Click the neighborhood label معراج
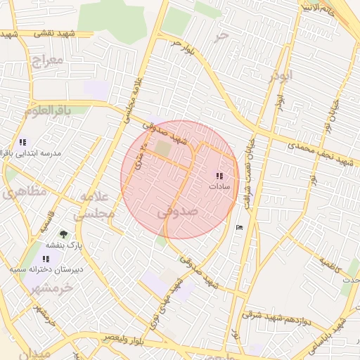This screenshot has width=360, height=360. click(47, 60)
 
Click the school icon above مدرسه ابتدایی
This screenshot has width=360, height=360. click(22, 142)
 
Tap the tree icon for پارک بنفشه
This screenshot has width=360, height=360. click(65, 234)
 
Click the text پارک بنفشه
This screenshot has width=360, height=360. click(65, 245)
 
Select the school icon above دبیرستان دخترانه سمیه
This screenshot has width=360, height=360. click(46, 259)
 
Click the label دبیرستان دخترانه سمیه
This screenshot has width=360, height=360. click(46, 269)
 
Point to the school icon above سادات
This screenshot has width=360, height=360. click(219, 176)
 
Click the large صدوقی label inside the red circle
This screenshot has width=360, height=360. click(178, 210)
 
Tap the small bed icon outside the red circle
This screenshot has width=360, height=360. click(239, 226)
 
